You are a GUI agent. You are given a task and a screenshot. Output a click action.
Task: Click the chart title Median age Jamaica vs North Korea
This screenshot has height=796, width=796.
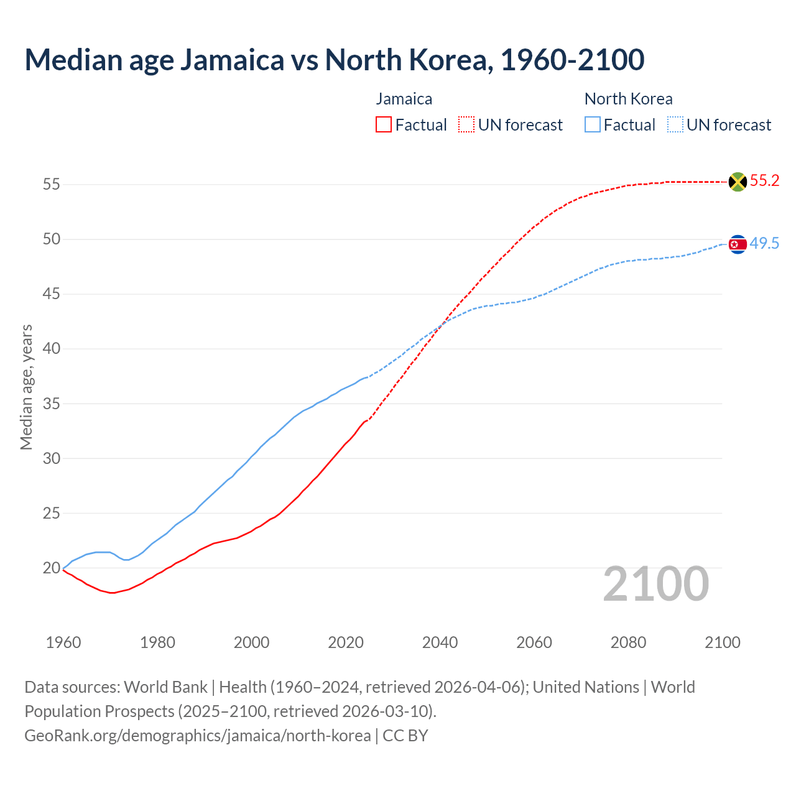point(334,60)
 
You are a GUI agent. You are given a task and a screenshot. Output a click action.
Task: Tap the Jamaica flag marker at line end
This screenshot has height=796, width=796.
point(738,182)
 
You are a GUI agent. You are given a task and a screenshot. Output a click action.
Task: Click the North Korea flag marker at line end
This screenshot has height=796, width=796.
point(738,244)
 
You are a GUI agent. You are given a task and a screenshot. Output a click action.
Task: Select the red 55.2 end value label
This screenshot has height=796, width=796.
point(764,181)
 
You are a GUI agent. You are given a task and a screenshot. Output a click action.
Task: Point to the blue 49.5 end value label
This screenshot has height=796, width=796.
point(764,244)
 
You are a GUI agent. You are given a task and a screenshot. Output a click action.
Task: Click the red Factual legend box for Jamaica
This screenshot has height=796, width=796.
point(384,125)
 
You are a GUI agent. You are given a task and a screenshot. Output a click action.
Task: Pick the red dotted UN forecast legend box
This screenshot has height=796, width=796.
point(466,125)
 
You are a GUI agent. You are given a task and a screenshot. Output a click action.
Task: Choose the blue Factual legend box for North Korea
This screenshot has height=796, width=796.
point(593,125)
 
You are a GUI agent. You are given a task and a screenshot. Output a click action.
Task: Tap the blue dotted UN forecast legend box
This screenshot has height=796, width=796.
point(675,125)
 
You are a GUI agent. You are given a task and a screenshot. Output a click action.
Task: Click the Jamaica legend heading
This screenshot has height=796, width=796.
point(404,99)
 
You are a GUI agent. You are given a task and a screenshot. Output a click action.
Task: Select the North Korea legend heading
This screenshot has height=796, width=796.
point(628,99)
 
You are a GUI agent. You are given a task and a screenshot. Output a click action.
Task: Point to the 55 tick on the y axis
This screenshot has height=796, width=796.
point(51,184)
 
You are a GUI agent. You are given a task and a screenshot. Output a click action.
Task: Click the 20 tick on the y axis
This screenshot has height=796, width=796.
point(51,568)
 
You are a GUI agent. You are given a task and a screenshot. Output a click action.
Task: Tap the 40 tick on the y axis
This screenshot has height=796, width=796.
point(51,348)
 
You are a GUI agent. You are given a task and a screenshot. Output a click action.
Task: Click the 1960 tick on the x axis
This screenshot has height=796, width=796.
point(63,642)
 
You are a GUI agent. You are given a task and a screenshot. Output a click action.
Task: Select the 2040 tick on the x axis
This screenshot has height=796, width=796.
point(440,642)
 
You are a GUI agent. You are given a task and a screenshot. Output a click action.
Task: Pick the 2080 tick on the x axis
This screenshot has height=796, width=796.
point(628,642)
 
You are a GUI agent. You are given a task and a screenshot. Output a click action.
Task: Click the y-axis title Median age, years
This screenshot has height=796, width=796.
point(26,387)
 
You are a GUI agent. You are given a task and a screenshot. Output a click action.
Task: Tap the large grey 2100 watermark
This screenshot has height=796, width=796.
point(655,584)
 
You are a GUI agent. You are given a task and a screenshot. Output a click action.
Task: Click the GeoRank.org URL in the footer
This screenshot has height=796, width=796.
point(198,736)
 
